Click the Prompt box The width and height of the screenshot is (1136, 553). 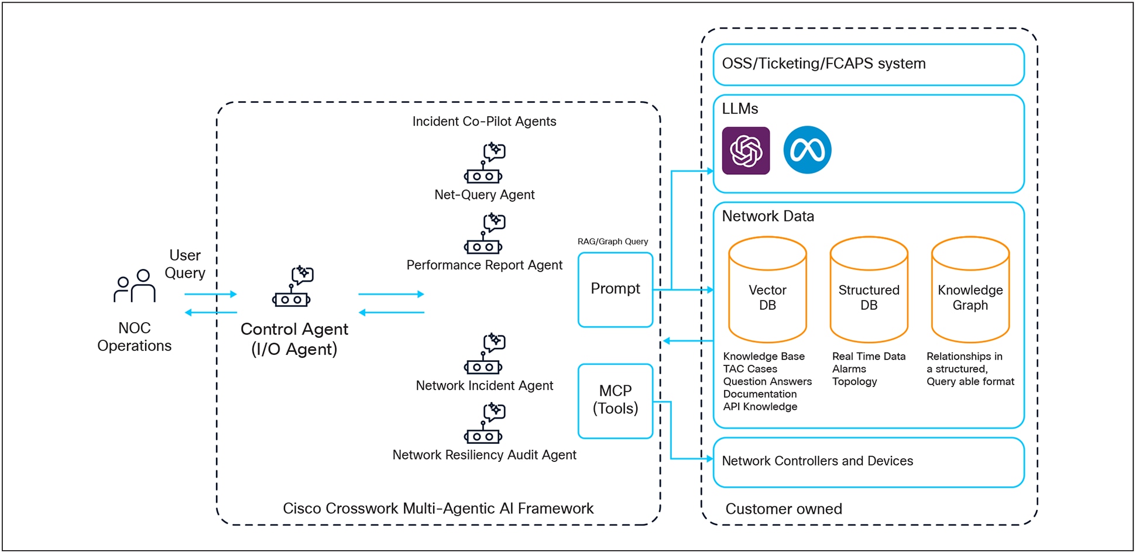pyautogui.click(x=615, y=289)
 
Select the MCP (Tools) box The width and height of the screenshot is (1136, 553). pyautogui.click(x=615, y=400)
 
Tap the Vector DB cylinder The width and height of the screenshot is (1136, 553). pyautogui.click(x=767, y=291)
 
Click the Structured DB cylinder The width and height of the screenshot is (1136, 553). pyautogui.click(x=869, y=291)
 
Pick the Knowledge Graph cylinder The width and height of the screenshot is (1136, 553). pyautogui.click(x=970, y=291)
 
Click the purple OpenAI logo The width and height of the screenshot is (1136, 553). pyautogui.click(x=746, y=151)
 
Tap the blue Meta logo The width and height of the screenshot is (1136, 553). pyautogui.click(x=807, y=150)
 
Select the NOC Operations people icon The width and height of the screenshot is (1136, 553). pyautogui.click(x=135, y=286)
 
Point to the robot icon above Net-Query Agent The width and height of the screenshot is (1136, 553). pyautogui.click(x=484, y=163)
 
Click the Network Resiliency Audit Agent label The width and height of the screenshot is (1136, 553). pyautogui.click(x=484, y=455)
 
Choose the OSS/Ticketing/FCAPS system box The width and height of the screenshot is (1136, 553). pyautogui.click(x=868, y=64)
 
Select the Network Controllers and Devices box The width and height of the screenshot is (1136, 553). pyautogui.click(x=868, y=462)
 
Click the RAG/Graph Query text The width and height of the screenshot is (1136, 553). pyautogui.click(x=612, y=241)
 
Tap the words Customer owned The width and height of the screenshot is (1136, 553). pyautogui.click(x=783, y=509)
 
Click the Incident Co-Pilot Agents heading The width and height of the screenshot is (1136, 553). pyautogui.click(x=484, y=122)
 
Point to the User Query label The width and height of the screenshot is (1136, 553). pyautogui.click(x=185, y=264)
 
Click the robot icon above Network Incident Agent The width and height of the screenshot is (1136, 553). pyautogui.click(x=484, y=354)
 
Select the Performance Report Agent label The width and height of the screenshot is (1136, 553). pyautogui.click(x=484, y=265)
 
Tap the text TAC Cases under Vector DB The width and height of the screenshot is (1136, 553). pyautogui.click(x=750, y=369)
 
